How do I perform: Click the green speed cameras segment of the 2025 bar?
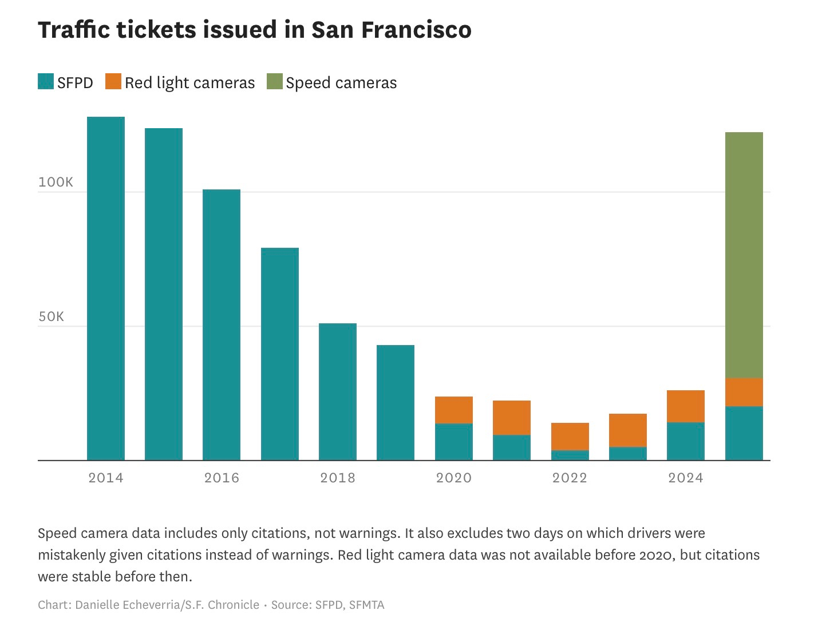[x=744, y=255]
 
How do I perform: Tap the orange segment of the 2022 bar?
[x=570, y=437]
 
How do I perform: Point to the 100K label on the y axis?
[x=56, y=183]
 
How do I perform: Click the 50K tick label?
[x=52, y=317]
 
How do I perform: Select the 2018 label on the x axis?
[x=338, y=478]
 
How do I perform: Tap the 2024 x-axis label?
[x=686, y=478]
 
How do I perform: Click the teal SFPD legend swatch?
[x=46, y=82]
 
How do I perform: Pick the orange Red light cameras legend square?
[x=113, y=82]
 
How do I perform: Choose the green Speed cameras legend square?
[x=275, y=82]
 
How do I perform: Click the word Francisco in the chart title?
[x=416, y=30]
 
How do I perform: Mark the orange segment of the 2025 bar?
[x=744, y=393]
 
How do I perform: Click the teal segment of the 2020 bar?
[x=454, y=442]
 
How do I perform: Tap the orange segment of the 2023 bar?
[x=628, y=430]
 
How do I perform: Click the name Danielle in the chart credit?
[x=98, y=605]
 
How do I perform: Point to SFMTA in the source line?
[x=366, y=605]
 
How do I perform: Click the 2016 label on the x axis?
[x=222, y=478]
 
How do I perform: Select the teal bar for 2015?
[x=164, y=294]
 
